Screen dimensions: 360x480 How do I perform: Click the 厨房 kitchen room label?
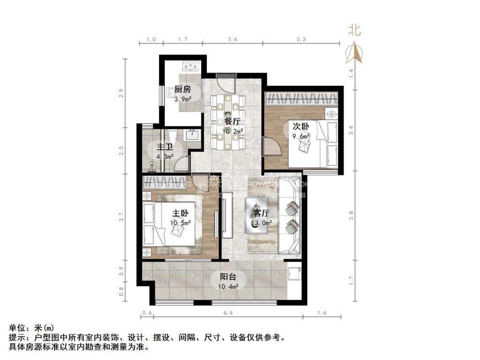point(182,90)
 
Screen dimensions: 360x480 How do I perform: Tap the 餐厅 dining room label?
point(232,121)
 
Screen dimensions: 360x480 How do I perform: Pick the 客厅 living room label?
point(261,213)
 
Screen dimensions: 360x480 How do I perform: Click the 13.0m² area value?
point(261,224)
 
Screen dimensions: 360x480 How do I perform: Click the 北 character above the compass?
point(354,30)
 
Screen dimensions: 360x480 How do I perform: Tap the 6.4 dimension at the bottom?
point(228,313)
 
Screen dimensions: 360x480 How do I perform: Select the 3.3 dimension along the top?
point(301,40)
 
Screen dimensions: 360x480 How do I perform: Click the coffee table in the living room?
point(259,216)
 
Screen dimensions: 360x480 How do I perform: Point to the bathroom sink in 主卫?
point(193,135)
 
